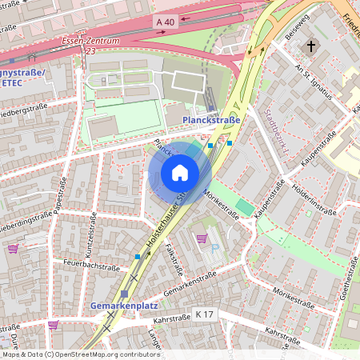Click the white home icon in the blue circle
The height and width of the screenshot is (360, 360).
click(x=180, y=173)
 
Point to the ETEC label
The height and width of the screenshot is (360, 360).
click(x=14, y=82)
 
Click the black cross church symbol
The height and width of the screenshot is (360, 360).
click(x=310, y=46)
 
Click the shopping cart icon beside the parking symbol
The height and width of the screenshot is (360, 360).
click(x=202, y=238)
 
